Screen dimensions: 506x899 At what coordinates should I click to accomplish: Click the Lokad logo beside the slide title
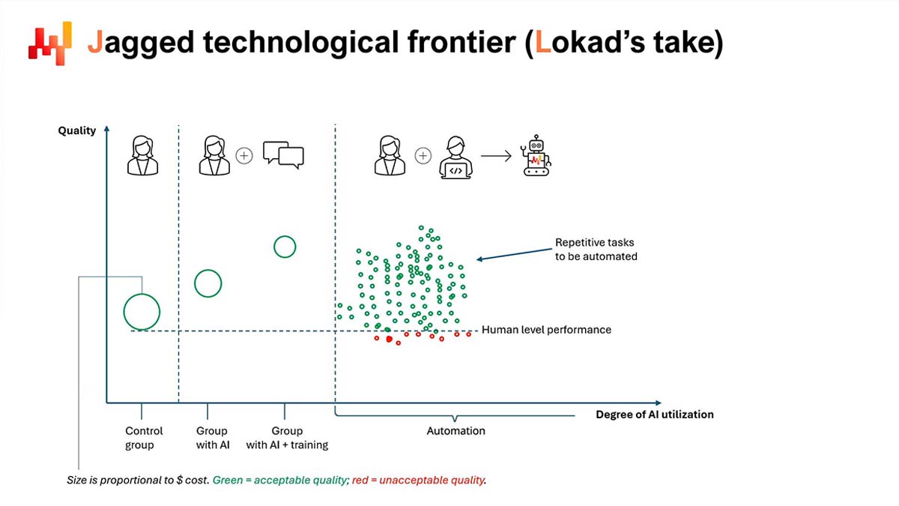[49, 43]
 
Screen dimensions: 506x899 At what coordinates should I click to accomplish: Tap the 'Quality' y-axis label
[77, 130]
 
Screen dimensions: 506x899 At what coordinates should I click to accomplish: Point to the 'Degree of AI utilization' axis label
[654, 415]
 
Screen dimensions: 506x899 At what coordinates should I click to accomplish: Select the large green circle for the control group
[142, 312]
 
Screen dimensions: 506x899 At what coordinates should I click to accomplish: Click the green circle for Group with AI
[208, 283]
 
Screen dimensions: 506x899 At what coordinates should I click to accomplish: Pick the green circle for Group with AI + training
[285, 247]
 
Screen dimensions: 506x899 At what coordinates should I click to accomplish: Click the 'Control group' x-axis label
[144, 438]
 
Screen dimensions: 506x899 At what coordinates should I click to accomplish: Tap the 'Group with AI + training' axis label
[287, 438]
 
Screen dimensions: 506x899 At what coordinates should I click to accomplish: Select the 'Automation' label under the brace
[455, 431]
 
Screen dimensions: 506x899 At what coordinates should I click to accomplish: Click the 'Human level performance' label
[546, 330]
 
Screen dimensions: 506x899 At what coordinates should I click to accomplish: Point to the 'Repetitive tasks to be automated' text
[596, 250]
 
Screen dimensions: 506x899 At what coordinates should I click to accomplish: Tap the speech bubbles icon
[283, 155]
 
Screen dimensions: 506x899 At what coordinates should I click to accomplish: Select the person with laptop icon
[455, 157]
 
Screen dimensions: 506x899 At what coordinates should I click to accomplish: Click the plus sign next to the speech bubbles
[244, 156]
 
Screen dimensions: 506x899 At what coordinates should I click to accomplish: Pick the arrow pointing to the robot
[496, 156]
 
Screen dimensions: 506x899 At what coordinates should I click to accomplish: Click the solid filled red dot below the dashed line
[389, 340]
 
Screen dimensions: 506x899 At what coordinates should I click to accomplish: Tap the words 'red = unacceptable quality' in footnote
[419, 480]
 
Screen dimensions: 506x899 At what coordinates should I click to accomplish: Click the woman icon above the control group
[142, 155]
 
